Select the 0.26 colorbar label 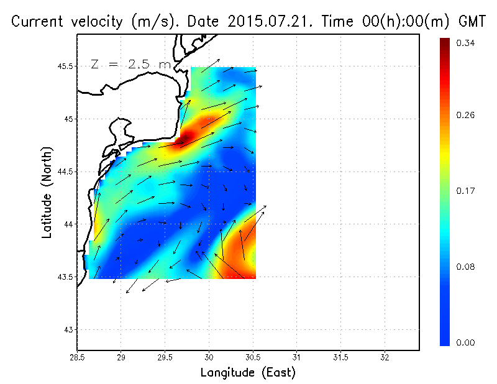[x=467, y=116]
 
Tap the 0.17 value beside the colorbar [x=467, y=191]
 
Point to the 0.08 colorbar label [x=467, y=267]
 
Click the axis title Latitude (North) [x=47, y=193]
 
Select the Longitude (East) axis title [x=248, y=373]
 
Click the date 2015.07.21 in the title [x=265, y=22]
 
